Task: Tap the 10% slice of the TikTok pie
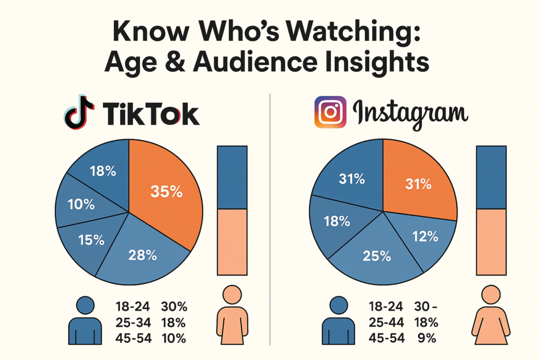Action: pos(84,204)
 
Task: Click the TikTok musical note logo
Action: pos(79,113)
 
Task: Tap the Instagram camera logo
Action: pos(330,112)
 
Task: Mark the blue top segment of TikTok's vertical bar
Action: pos(232,178)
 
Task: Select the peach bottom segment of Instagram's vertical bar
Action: pos(491,241)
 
